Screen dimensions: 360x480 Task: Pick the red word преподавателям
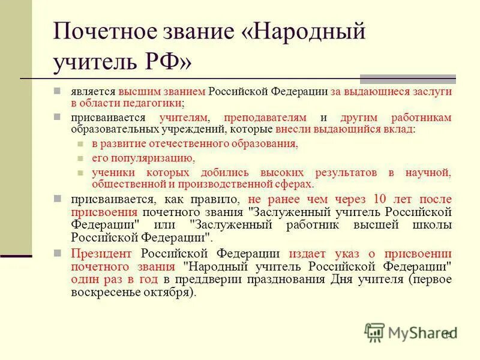pyautogui.click(x=265, y=118)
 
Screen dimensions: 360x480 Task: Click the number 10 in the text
pyautogui.click(x=380, y=199)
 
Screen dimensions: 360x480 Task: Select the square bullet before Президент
pyautogui.click(x=56, y=251)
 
